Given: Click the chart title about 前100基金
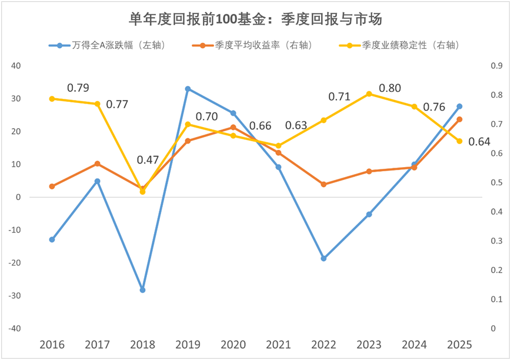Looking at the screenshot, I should (x=256, y=19).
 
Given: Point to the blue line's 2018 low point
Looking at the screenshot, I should (x=142, y=290).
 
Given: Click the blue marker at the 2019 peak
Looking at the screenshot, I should (x=188, y=89).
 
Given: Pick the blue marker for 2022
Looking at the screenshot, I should (x=323, y=258).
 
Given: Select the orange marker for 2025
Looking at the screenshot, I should (x=459, y=119).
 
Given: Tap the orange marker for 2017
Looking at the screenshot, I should (x=97, y=164).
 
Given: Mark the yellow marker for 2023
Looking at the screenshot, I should (x=369, y=94).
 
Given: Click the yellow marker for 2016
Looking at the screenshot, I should (x=52, y=99).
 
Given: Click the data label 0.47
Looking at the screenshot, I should (x=148, y=160).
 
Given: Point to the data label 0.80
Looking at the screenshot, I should (x=390, y=88).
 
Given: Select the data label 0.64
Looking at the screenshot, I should (x=480, y=142).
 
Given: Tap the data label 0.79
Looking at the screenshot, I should (x=78, y=88).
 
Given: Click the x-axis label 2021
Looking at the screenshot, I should (x=278, y=345).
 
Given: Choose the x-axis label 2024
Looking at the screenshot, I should (x=414, y=345).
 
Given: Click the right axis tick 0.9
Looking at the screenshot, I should (x=496, y=66).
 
